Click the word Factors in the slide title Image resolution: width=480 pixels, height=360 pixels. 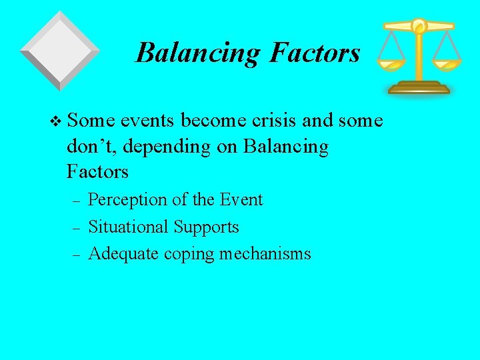[x=315, y=53]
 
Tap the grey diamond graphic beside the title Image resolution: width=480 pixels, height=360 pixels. [x=60, y=50]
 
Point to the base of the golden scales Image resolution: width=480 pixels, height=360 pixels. [x=419, y=87]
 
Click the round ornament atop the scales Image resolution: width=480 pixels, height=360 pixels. [x=419, y=26]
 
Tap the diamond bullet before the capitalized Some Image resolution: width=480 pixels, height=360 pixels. [x=55, y=121]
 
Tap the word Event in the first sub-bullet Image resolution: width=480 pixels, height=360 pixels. [x=242, y=199]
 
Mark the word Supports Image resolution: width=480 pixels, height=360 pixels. [x=206, y=227]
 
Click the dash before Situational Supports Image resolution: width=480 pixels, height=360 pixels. [x=76, y=228]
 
